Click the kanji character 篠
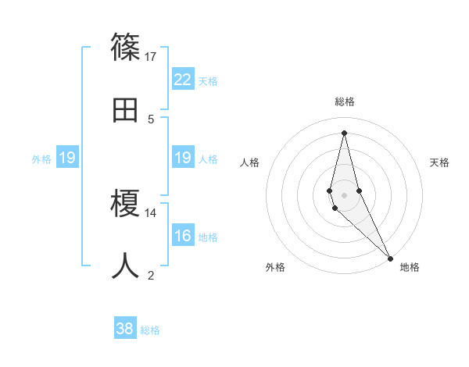[x=126, y=47]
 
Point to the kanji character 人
[x=126, y=265]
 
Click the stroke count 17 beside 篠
[x=151, y=57]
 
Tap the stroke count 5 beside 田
[x=151, y=119]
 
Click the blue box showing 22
[x=183, y=79]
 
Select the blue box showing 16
[x=183, y=236]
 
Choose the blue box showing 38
[x=125, y=329]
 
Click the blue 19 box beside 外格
[x=67, y=158]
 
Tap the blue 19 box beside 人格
[x=183, y=158]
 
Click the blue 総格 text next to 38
[x=151, y=330]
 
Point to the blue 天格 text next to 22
[x=208, y=81]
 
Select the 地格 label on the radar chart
[x=410, y=267]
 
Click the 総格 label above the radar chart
[x=345, y=102]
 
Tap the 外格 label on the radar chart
[x=275, y=267]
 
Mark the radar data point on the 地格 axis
[x=390, y=258]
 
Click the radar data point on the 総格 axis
[x=344, y=133]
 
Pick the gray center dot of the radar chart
[x=344, y=194]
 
